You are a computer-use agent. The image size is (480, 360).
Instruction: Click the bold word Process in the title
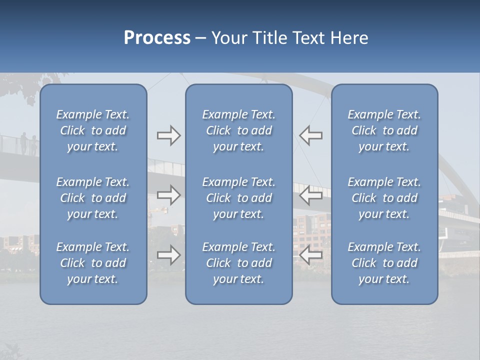[157, 38]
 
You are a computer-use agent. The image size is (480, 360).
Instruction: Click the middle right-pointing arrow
[168, 194]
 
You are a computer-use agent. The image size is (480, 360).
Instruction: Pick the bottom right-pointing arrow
[168, 255]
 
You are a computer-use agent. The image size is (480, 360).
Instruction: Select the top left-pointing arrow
[310, 135]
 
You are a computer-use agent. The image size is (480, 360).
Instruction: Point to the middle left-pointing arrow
[310, 194]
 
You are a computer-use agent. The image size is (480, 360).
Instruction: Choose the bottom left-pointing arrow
[310, 255]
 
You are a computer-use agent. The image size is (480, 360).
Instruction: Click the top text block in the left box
[93, 130]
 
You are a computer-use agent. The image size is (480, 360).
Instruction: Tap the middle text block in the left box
[93, 198]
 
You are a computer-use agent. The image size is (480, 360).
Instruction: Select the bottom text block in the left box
[93, 263]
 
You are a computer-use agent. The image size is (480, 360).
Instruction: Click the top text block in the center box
[238, 130]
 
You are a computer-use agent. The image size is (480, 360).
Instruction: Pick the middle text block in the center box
[238, 198]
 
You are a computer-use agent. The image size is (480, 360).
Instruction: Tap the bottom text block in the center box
[238, 263]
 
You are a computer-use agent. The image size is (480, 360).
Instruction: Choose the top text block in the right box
[384, 130]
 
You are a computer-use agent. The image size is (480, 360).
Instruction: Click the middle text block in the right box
[384, 198]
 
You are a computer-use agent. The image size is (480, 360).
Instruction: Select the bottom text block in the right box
[384, 263]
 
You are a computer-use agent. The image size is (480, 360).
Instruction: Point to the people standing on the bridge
[28, 144]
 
